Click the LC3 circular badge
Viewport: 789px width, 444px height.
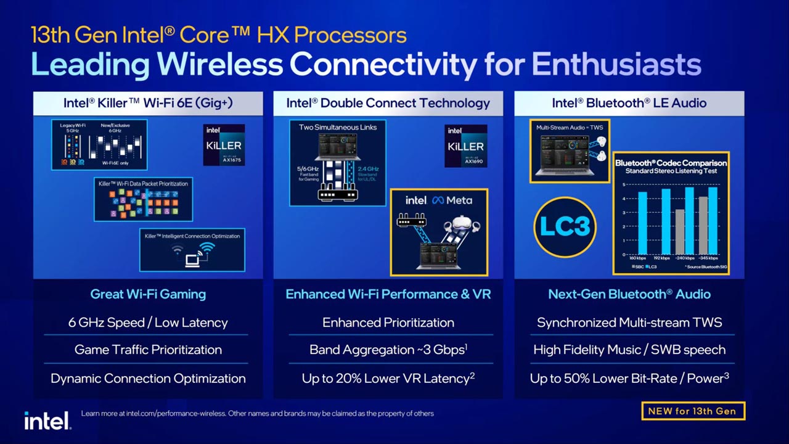pos(565,226)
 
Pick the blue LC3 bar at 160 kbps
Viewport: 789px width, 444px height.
pos(642,223)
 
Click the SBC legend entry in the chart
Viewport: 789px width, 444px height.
pos(637,266)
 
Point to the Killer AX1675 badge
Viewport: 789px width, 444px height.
pos(224,145)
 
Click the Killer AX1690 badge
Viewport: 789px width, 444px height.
pos(465,146)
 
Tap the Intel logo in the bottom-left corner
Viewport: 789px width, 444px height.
pos(47,421)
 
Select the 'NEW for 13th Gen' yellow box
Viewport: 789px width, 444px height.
pos(693,411)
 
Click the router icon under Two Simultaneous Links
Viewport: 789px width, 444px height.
pos(337,194)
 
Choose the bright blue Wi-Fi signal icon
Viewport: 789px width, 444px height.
pos(207,248)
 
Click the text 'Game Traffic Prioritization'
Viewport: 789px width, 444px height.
pos(148,350)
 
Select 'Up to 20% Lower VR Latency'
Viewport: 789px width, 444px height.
pos(388,378)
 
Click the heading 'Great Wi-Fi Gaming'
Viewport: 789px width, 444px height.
pos(148,294)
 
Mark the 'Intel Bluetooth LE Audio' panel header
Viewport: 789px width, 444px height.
pos(629,103)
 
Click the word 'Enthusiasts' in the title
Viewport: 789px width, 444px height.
pos(616,64)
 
